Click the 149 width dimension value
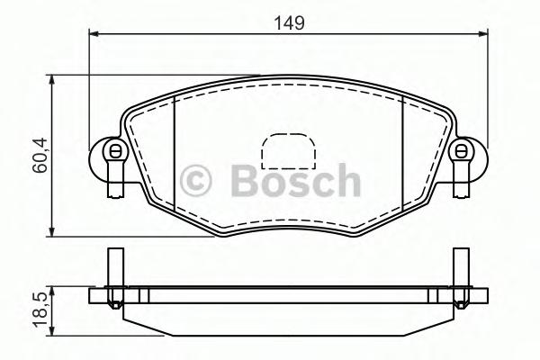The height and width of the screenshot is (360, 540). coord(289,22)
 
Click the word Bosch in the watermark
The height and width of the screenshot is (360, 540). coord(294,181)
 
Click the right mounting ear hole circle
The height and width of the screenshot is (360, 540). coord(463,150)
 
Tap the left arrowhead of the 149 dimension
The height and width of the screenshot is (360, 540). coord(93,35)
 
